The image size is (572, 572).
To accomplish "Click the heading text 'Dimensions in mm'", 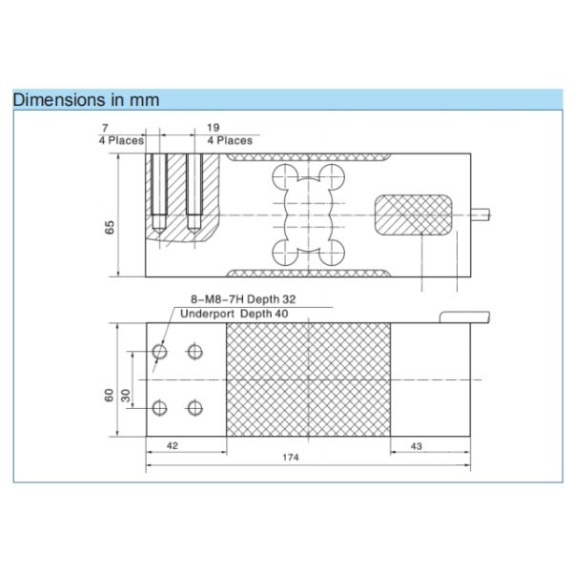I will (x=86, y=99).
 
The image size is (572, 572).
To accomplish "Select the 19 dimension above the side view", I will (x=214, y=126).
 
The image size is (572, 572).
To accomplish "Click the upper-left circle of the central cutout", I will (x=283, y=176).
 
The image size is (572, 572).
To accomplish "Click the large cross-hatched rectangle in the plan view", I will (x=307, y=380).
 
